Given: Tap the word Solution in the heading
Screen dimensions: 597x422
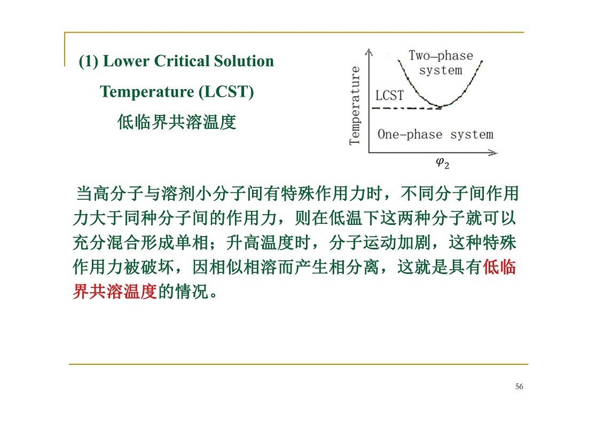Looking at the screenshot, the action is [243, 61].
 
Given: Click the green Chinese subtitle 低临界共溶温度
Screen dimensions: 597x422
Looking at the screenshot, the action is [177, 122].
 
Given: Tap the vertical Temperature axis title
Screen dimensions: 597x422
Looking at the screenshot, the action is [355, 106].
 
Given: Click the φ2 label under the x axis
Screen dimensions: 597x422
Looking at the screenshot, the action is [443, 163].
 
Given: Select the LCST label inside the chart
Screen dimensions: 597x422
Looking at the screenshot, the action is [389, 95].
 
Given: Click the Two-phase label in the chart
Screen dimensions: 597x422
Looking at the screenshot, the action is [441, 56].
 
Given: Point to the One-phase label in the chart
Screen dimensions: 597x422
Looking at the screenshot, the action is [410, 135].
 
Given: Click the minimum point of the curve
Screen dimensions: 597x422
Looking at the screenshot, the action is [440, 106].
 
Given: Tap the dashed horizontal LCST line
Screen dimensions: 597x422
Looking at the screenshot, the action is [406, 108].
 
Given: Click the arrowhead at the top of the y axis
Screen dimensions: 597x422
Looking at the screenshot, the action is [368, 51].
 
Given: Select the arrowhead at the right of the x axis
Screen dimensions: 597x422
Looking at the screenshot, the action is [494, 153].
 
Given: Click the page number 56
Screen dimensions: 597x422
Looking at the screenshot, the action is [519, 387].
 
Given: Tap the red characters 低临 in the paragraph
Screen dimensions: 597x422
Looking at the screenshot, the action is [499, 267].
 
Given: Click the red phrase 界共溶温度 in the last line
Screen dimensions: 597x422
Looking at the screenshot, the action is [115, 292].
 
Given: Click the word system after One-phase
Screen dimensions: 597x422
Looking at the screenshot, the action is [472, 135].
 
